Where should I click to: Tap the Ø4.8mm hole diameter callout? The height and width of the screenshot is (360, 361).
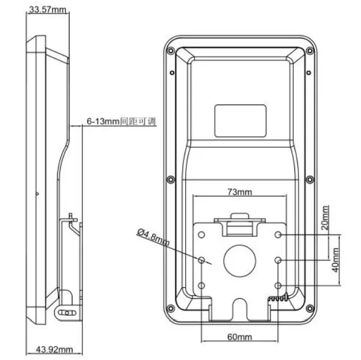click(153, 238)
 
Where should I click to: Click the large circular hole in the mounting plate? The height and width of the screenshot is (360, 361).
click(239, 260)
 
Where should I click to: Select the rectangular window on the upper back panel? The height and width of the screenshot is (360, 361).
click(239, 118)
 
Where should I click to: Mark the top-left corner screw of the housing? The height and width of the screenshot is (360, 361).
click(171, 51)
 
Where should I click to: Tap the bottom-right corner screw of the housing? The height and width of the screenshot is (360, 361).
click(308, 308)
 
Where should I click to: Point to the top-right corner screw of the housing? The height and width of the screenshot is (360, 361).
click(308, 51)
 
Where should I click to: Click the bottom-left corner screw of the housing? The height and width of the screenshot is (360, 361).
click(171, 308)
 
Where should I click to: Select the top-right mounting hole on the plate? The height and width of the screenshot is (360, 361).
click(278, 235)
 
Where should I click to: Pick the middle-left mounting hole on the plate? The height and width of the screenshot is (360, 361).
click(202, 260)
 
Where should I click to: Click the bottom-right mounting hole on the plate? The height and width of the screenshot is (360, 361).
click(278, 285)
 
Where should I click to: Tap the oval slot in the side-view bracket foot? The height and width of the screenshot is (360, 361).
click(68, 313)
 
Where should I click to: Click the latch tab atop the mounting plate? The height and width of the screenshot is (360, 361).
click(239, 219)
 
